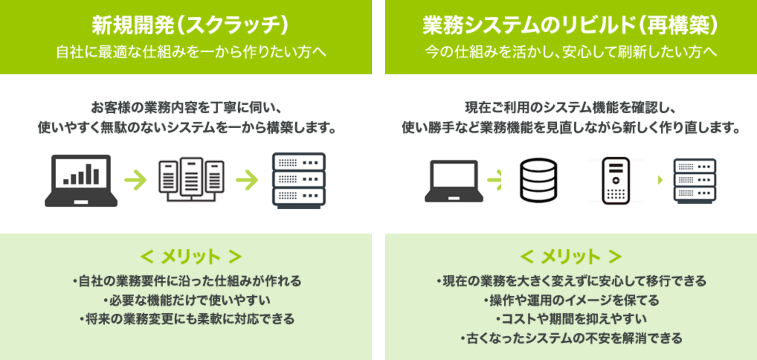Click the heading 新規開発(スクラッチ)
(x=190, y=25)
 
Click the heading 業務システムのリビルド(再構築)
(x=570, y=25)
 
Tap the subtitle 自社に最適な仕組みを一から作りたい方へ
(x=191, y=52)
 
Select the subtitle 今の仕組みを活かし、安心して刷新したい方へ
(x=571, y=52)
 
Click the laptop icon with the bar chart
(x=81, y=181)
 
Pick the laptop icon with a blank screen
(x=454, y=181)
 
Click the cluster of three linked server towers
(x=191, y=179)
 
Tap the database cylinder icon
(x=538, y=180)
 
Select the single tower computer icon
(x=616, y=181)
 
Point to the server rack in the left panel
(x=299, y=180)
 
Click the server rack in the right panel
(x=695, y=181)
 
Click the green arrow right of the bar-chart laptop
(x=135, y=180)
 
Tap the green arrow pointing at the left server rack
(x=247, y=180)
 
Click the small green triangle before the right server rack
(x=660, y=180)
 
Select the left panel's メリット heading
(x=191, y=257)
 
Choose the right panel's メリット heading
(x=571, y=257)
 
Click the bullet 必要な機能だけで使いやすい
(x=187, y=300)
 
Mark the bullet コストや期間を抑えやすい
(x=571, y=319)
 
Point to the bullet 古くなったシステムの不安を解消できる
(x=571, y=338)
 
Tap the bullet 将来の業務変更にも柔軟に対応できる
(x=187, y=319)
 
